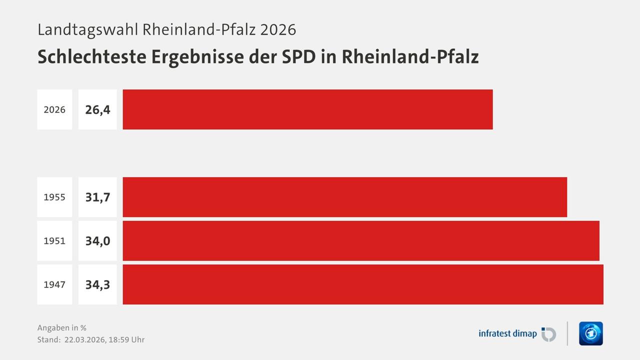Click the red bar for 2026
point(307,109)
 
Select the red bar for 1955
point(344,197)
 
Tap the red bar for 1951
point(360,240)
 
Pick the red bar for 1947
point(362,284)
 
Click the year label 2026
point(54,109)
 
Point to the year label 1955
point(54,197)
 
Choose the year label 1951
point(54,241)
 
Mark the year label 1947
point(54,284)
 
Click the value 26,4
point(97,109)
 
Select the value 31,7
point(97,197)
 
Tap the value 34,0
point(97,241)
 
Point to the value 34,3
point(97,284)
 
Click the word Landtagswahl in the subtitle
point(88,29)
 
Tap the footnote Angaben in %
point(62,328)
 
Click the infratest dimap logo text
point(507,333)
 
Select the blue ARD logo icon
point(590,333)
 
